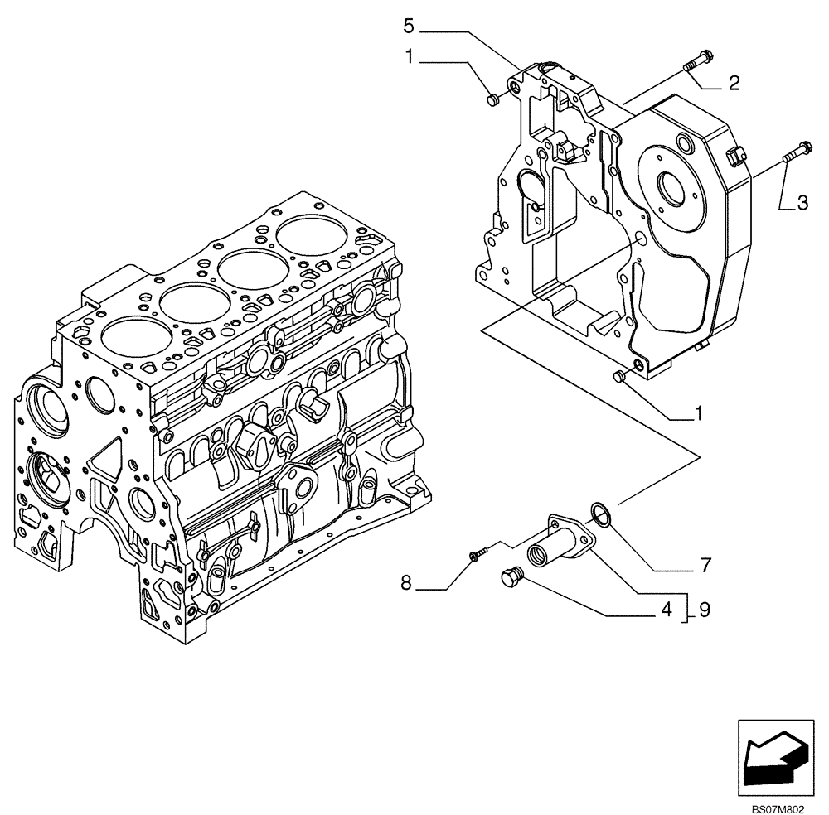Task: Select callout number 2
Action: [x=734, y=82]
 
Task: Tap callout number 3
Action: [x=802, y=202]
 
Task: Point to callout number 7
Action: [x=705, y=566]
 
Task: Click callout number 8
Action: [x=406, y=584]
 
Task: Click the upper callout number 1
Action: [x=408, y=56]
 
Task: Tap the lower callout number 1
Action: [x=698, y=412]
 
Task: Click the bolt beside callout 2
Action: [x=693, y=60]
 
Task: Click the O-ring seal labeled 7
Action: [x=602, y=514]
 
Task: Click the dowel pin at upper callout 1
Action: [x=491, y=100]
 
